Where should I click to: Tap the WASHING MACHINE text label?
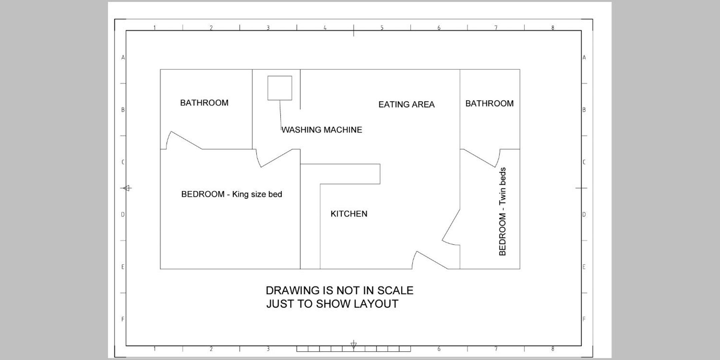click(x=322, y=130)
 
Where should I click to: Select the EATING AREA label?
click(x=406, y=104)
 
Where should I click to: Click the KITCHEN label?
click(x=349, y=214)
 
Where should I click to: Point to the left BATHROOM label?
click(x=204, y=103)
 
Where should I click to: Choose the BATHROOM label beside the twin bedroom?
click(x=489, y=103)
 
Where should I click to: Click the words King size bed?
click(x=257, y=194)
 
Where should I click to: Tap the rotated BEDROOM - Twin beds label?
click(x=502, y=211)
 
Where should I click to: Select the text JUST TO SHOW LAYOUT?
click(x=332, y=304)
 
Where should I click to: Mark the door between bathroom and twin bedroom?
click(x=480, y=158)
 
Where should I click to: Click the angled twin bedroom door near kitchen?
click(x=451, y=225)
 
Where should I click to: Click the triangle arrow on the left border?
click(x=126, y=188)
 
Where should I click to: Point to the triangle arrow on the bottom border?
click(x=354, y=345)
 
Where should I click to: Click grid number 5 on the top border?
click(x=382, y=28)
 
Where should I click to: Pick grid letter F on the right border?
click(x=584, y=319)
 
